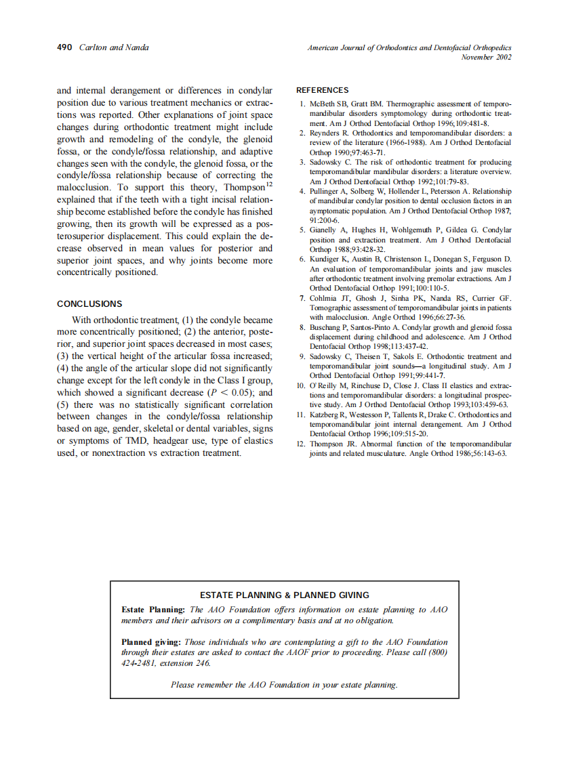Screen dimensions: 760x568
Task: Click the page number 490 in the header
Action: click(x=64, y=47)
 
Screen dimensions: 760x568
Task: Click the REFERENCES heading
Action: click(x=323, y=90)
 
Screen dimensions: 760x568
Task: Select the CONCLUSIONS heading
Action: click(x=89, y=304)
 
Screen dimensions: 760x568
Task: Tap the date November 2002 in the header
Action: click(x=486, y=57)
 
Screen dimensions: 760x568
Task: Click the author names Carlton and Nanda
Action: click(x=114, y=47)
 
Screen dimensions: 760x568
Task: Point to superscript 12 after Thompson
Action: click(x=269, y=185)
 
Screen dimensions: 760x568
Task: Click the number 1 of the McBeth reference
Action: click(x=302, y=104)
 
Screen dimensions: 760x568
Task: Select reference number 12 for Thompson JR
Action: click(x=302, y=444)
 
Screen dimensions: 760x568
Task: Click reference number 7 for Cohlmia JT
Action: click(x=302, y=299)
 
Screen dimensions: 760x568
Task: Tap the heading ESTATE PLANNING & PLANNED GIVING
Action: click(x=285, y=595)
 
